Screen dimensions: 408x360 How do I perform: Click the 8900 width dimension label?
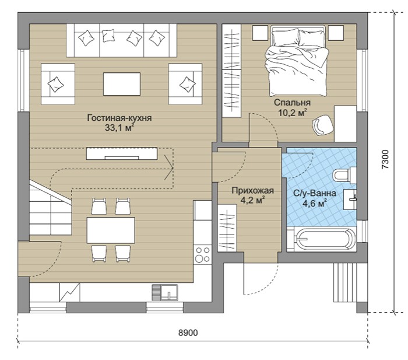pyautogui.click(x=188, y=333)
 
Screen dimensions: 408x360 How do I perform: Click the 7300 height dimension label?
pyautogui.click(x=385, y=159)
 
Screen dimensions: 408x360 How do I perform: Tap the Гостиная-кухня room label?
pyautogui.click(x=119, y=118)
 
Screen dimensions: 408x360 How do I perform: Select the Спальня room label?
pyautogui.click(x=292, y=102)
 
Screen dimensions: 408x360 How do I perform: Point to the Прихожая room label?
pyautogui.click(x=252, y=191)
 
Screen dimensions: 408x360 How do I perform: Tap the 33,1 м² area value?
pyautogui.click(x=119, y=127)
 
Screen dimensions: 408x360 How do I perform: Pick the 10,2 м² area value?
pyautogui.click(x=292, y=113)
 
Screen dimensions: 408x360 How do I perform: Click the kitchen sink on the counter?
pyautogui.click(x=165, y=292)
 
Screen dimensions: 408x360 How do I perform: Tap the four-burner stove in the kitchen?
pyautogui.click(x=203, y=254)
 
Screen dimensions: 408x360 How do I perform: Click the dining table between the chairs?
pyautogui.click(x=111, y=230)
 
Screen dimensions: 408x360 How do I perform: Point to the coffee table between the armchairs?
pyautogui.click(x=122, y=84)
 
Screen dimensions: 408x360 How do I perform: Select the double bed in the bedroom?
pyautogui.click(x=297, y=61)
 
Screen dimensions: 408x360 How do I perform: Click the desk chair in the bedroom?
pyautogui.click(x=323, y=125)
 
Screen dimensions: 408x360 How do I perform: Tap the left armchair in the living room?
pyautogui.click(x=58, y=84)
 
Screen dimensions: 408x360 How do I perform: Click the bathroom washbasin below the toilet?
pyautogui.click(x=350, y=200)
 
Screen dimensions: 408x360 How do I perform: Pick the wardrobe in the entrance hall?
pyautogui.click(x=227, y=228)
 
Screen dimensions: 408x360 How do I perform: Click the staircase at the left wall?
pyautogui.click(x=50, y=208)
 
